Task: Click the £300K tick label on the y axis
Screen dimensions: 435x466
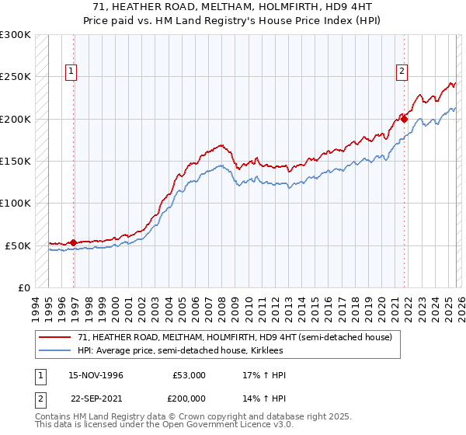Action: coord(16,35)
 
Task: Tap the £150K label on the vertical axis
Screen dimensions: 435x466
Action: coord(16,162)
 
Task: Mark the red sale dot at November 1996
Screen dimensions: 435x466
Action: coord(74,243)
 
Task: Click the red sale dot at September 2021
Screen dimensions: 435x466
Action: coord(404,119)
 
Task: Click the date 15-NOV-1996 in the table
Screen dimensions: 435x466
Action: coord(96,375)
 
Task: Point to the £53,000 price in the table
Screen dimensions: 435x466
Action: coord(189,375)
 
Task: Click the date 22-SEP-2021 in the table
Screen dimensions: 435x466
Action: coord(96,400)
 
